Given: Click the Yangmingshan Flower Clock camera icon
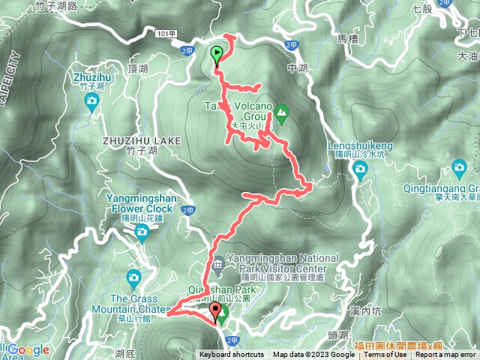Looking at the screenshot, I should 142,233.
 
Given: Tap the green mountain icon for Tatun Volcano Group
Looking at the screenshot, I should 281,114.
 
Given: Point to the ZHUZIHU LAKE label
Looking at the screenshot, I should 133,139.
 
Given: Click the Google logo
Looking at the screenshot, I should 28,349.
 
